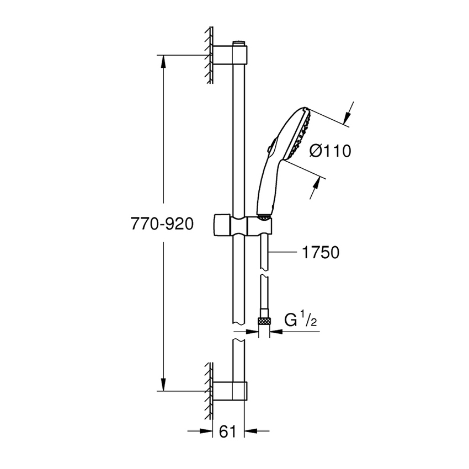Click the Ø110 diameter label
pos(330,151)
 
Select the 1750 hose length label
pos(321,253)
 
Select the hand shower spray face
pos(302,135)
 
